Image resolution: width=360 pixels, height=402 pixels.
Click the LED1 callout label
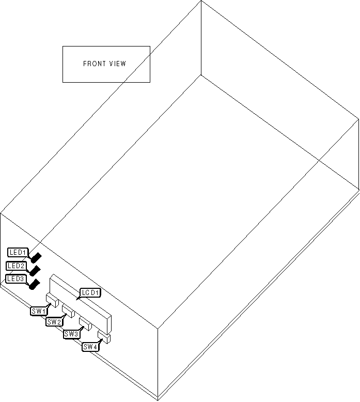[x=18, y=252]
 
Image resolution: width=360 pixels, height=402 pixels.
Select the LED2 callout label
[x=16, y=266]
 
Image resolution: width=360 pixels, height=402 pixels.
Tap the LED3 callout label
[x=15, y=279]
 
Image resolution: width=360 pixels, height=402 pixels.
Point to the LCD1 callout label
[x=90, y=293]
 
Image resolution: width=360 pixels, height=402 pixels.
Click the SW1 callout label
[x=39, y=311]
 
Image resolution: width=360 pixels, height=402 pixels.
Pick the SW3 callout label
[x=71, y=334]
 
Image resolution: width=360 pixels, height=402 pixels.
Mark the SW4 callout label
[x=90, y=347]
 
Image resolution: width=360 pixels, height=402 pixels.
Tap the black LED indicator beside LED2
[x=36, y=270]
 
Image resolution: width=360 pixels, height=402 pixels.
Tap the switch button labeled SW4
[x=104, y=337]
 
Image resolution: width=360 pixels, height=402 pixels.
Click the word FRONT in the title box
[x=93, y=64]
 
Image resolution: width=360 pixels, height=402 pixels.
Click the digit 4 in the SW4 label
[x=96, y=347]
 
